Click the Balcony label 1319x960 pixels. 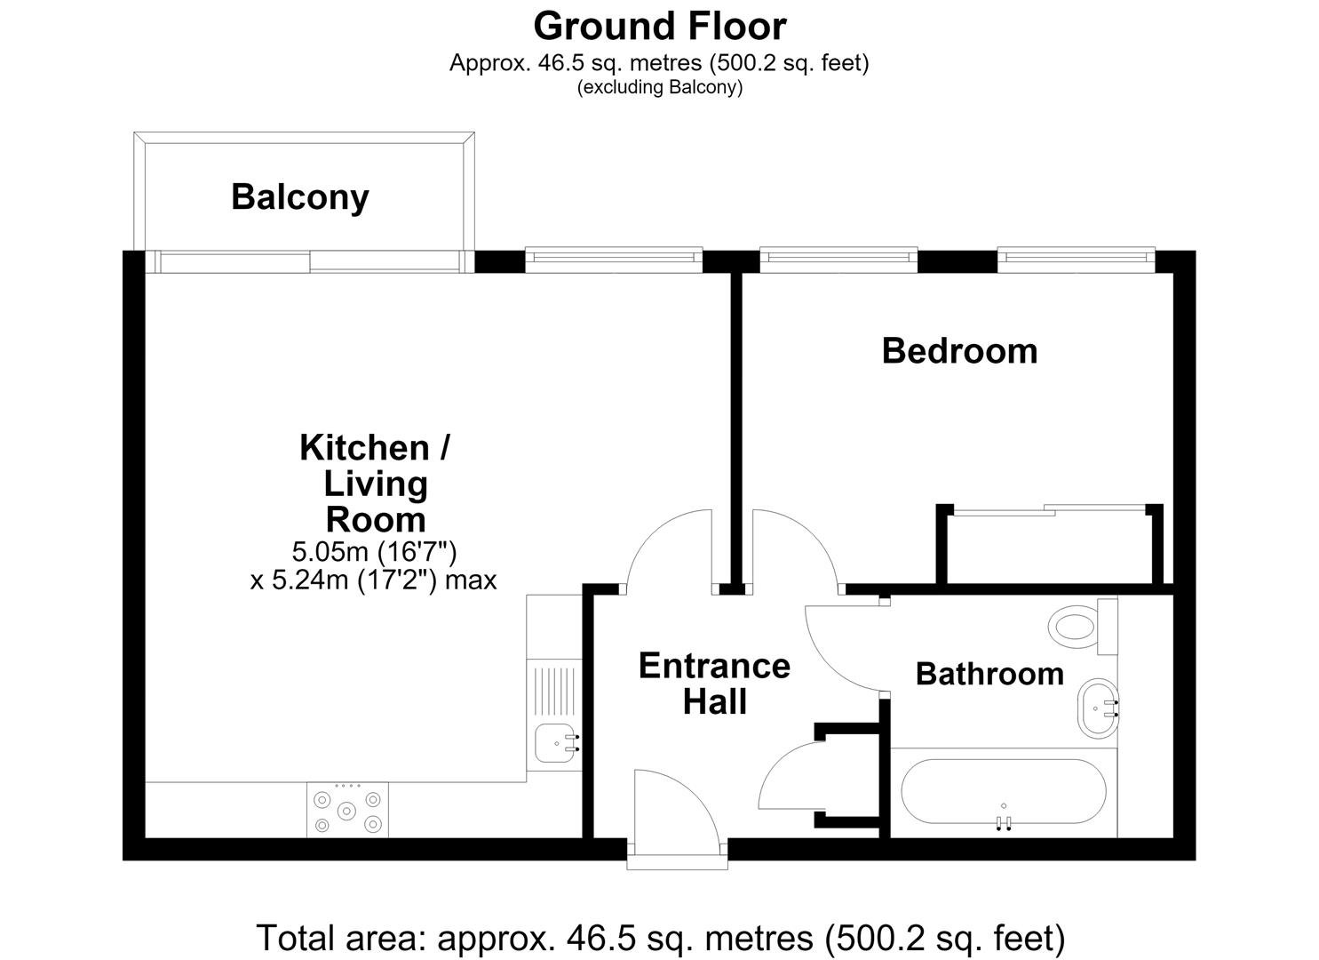point(299,197)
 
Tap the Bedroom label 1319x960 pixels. point(959,351)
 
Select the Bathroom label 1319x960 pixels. point(989,674)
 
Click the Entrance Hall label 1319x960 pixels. point(714,684)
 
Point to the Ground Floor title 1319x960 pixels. point(659,26)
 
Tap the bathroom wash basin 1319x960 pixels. point(1098,708)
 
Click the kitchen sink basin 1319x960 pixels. point(554,742)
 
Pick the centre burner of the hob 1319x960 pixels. point(346,812)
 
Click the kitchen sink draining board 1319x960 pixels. point(553,692)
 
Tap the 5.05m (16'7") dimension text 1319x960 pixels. point(374,552)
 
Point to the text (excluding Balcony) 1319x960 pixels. point(659,87)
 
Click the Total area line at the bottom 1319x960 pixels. point(661,937)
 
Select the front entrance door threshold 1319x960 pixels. point(677,864)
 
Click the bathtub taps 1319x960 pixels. point(1004,823)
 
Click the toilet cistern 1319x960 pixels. point(1108,627)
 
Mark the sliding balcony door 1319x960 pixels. point(310,261)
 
